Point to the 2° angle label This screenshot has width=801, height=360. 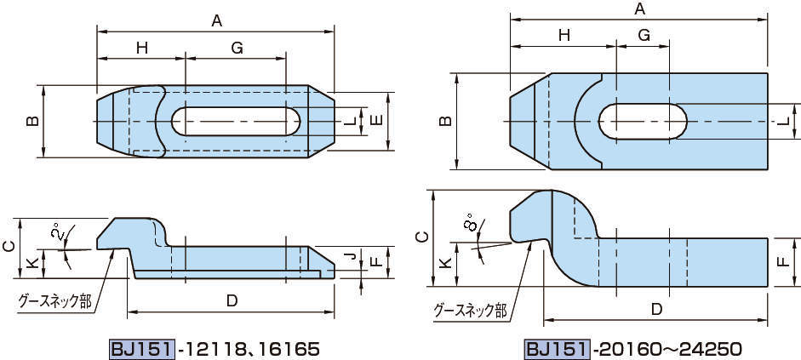click(x=56, y=232)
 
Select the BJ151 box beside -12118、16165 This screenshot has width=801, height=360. click(x=142, y=348)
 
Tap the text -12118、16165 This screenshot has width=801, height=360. click(x=248, y=348)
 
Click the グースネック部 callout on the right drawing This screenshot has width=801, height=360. click(x=470, y=310)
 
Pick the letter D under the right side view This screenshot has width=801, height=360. click(x=656, y=309)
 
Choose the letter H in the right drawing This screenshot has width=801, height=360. click(x=564, y=35)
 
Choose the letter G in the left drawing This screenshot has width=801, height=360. click(x=237, y=49)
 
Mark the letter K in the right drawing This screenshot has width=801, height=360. click(x=443, y=264)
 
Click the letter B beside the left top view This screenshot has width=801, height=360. click(x=31, y=122)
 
